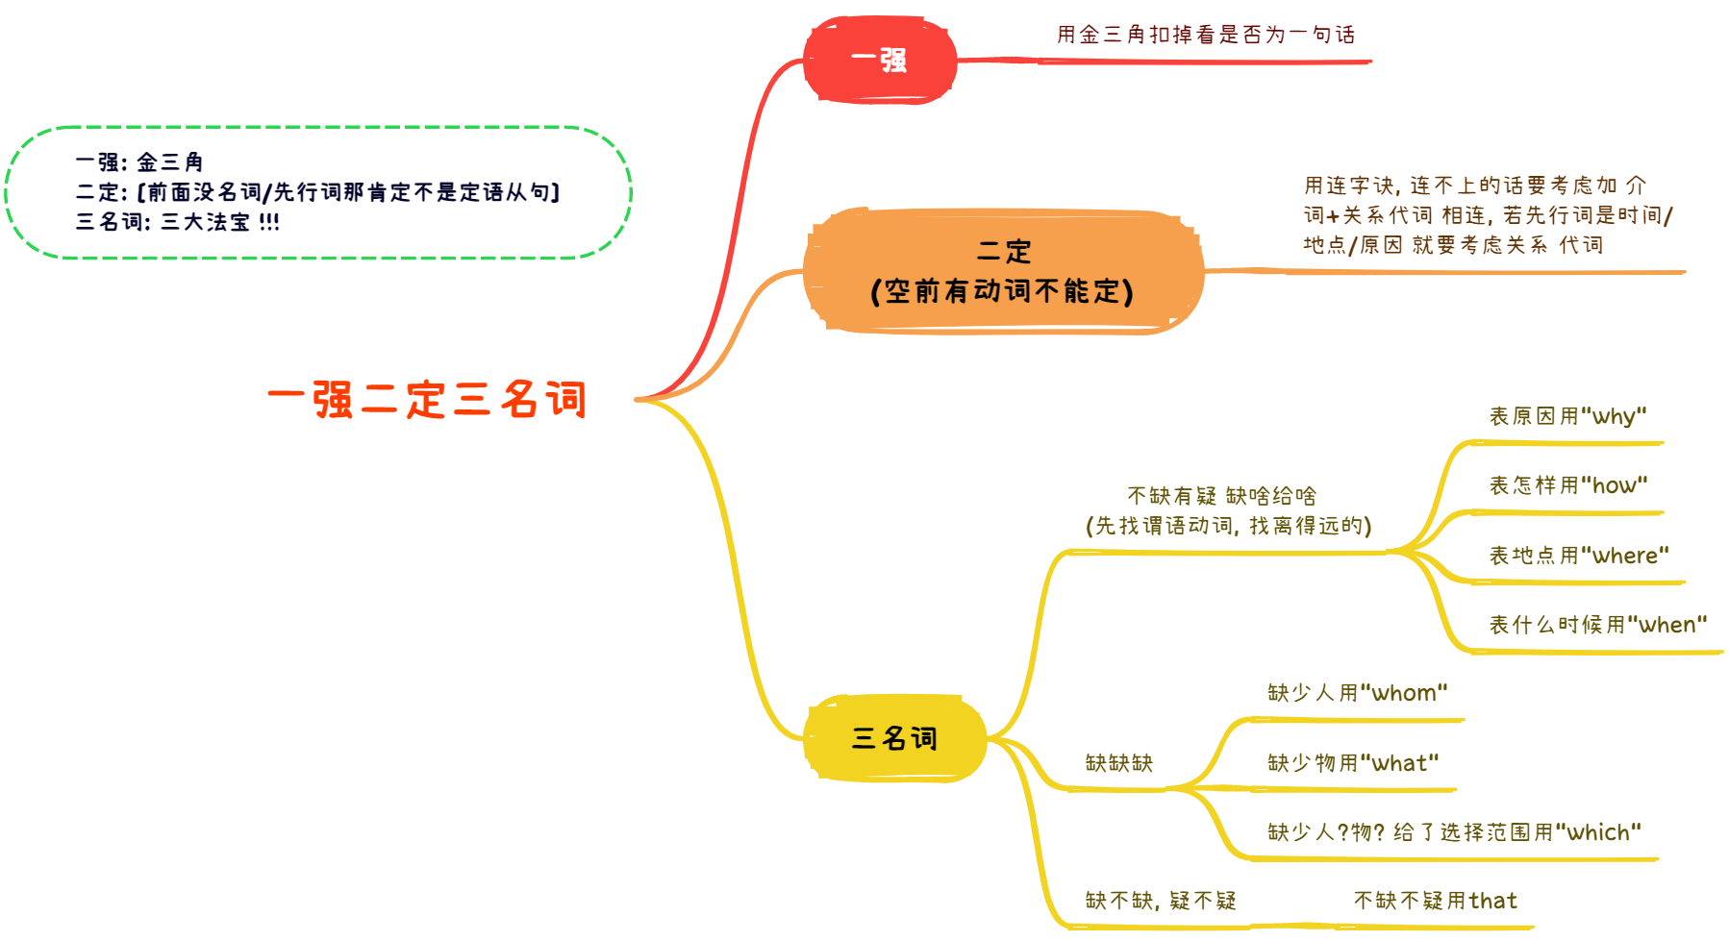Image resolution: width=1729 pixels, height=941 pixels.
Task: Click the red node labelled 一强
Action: click(880, 61)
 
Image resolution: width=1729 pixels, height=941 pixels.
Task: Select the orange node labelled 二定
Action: click(1003, 252)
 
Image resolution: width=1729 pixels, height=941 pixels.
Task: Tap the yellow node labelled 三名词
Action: click(894, 738)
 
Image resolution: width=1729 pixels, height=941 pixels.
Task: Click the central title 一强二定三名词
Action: click(427, 400)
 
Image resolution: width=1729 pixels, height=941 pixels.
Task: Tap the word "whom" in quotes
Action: click(1404, 693)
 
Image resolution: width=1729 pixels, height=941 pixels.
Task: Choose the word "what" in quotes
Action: click(1400, 763)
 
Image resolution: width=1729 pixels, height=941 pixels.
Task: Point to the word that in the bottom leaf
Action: click(1493, 902)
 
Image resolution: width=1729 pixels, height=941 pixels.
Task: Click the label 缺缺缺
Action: click(1118, 763)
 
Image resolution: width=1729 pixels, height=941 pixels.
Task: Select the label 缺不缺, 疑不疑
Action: click(1161, 902)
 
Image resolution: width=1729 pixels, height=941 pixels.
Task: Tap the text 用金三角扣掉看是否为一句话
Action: click(1206, 36)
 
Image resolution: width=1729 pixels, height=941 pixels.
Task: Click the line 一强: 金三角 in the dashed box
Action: click(139, 162)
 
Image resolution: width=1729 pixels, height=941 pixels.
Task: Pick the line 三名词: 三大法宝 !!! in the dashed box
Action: click(178, 222)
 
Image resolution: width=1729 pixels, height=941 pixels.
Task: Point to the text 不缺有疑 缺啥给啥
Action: click(1221, 496)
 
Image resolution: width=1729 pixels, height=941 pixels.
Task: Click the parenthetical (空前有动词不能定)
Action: click(1002, 291)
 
